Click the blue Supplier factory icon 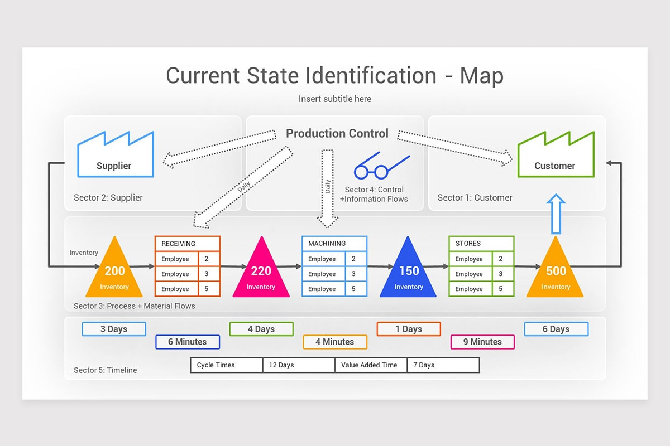tap(115, 156)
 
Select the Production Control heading tap(337, 134)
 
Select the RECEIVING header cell tap(187, 244)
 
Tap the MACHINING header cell tap(334, 244)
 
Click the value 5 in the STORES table tap(501, 289)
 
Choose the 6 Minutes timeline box tap(188, 342)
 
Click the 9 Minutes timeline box tap(482, 342)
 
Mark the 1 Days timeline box tap(409, 329)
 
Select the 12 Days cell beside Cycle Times tap(298, 365)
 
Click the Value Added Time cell tap(371, 365)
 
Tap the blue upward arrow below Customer tap(556, 215)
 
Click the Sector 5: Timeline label tap(105, 370)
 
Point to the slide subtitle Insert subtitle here tap(334, 99)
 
